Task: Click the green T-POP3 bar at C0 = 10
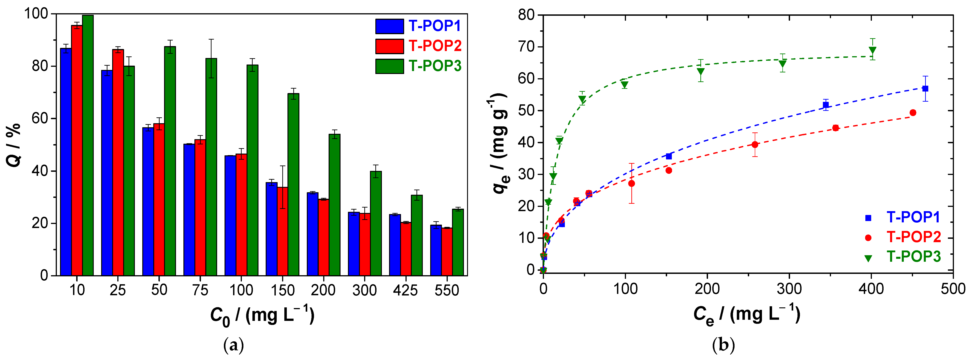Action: coord(88,145)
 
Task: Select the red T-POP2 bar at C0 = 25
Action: coord(118,162)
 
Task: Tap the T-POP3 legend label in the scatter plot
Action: coord(914,256)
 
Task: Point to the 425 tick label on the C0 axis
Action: coord(405,290)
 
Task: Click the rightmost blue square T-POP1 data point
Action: coord(925,89)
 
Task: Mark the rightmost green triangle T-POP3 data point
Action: coord(873,50)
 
